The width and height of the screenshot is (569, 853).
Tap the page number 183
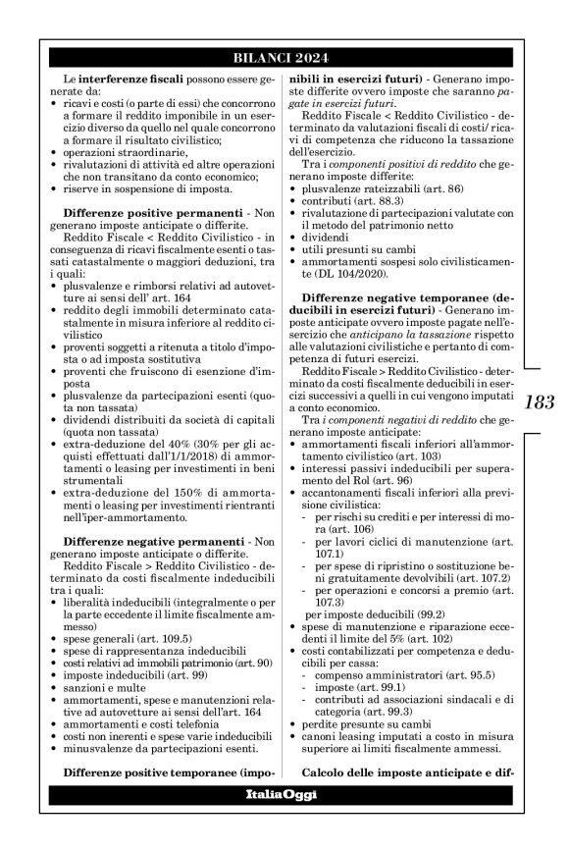coord(541,401)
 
